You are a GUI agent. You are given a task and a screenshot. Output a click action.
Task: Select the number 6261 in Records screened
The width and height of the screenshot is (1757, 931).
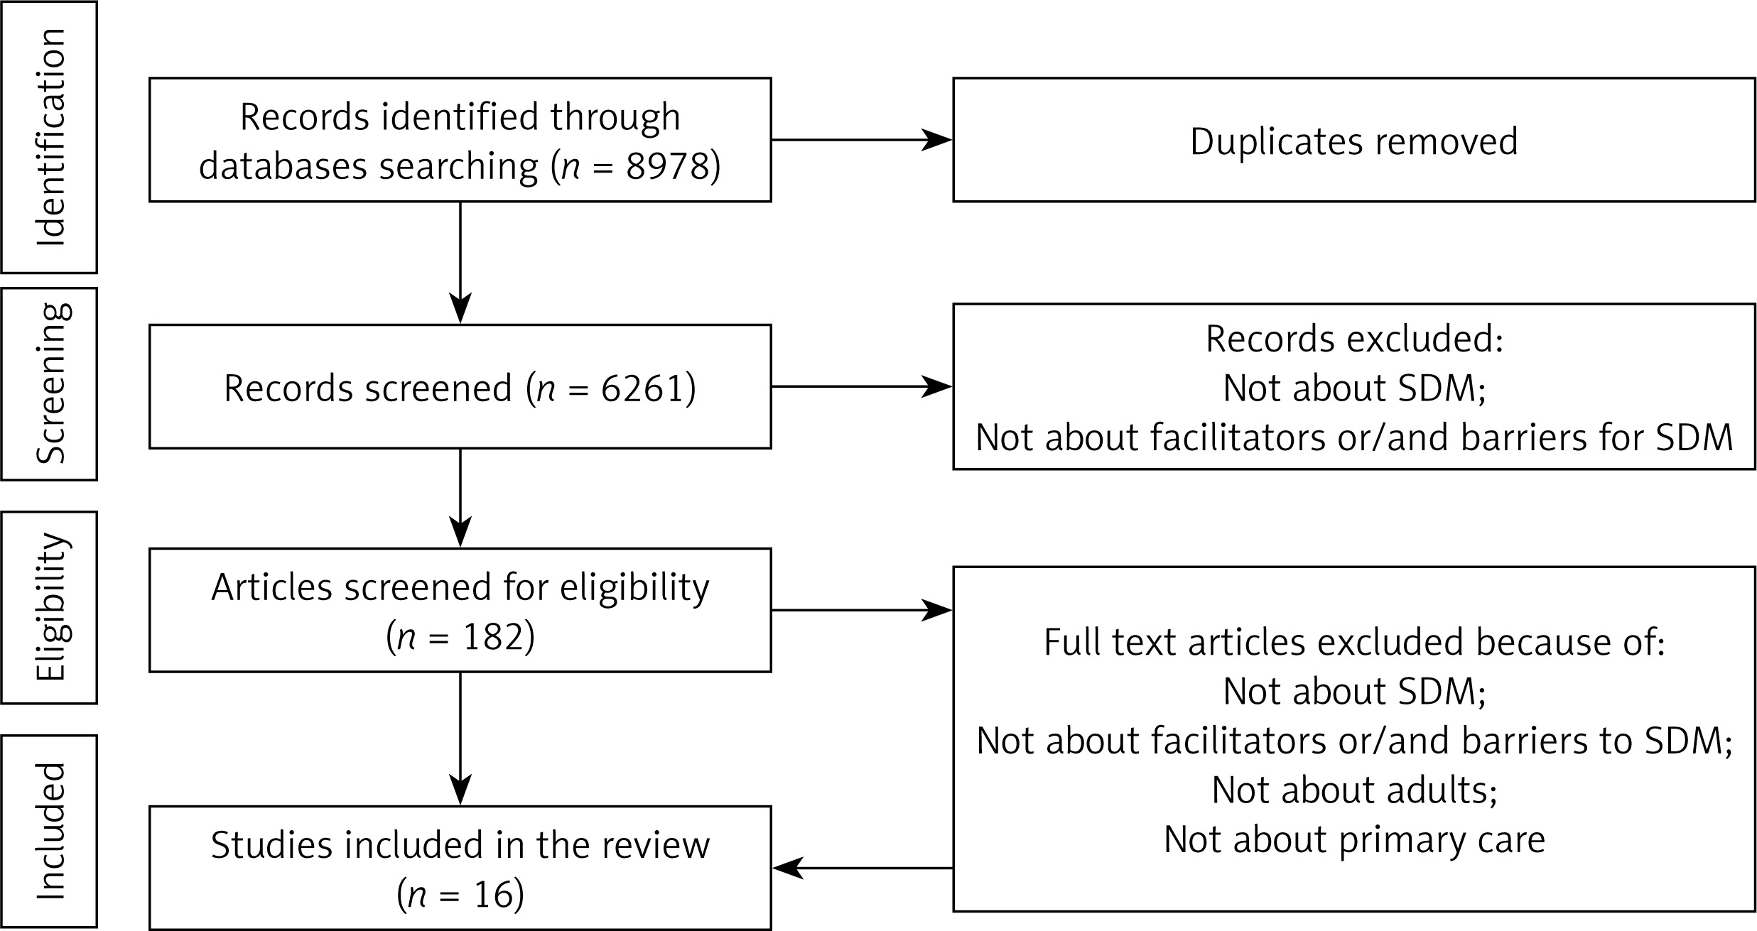coord(642,388)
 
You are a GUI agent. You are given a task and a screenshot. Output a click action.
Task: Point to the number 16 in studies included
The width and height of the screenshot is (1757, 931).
coord(493,894)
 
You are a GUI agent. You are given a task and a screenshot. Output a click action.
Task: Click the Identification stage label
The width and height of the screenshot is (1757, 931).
coord(50,137)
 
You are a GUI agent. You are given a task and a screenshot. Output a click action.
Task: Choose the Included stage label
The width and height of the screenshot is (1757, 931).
coord(50,831)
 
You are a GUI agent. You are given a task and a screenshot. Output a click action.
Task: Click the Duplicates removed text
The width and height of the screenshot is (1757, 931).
coord(1354,141)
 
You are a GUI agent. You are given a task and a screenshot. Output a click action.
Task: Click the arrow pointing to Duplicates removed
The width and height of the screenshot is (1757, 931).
coord(862,140)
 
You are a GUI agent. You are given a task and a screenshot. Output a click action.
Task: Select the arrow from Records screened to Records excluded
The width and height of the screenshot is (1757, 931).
coord(862,387)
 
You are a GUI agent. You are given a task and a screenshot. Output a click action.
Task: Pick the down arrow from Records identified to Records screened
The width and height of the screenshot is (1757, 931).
coord(460,263)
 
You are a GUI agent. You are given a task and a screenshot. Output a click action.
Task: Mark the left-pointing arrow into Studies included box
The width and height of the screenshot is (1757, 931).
coord(863,868)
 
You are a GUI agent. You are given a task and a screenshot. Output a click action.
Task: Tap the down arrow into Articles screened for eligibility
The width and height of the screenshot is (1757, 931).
coord(460,498)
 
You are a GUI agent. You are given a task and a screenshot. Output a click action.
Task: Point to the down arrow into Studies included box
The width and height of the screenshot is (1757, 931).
coord(460,739)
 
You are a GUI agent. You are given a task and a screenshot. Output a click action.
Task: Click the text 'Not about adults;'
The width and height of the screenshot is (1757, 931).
coord(1354,790)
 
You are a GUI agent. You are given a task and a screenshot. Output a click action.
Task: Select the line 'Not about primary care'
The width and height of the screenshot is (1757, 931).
coord(1354,840)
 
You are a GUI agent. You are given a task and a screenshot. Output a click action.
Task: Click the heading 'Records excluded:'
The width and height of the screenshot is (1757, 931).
coord(1354,339)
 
